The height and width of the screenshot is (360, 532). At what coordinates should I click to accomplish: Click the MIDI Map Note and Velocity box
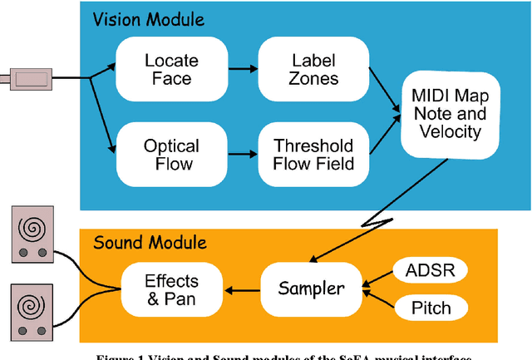pos(450,116)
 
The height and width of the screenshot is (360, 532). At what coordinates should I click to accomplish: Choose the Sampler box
pos(311,288)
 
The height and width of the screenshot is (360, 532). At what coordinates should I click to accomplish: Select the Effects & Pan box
pos(171,288)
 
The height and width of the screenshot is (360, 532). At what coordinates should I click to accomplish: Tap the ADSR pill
pos(431,270)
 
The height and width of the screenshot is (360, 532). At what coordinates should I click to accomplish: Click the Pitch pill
pos(431,308)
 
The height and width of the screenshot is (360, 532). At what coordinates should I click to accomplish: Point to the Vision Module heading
pos(148,18)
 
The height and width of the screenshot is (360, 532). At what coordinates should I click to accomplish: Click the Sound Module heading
pos(149,243)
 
